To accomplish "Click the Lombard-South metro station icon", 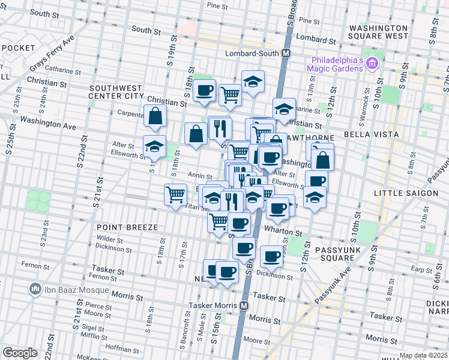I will pos(286,53).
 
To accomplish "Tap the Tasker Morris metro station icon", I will pos(244,305).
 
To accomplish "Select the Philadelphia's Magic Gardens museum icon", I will pos(372,63).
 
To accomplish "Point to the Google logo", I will pos(20,352).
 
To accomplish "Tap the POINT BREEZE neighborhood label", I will pos(126,227).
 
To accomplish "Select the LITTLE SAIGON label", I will pos(402,193).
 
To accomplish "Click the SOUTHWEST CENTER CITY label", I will pos(116,92).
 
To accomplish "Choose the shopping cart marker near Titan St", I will pos(175,194).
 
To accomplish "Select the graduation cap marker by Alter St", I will pos(154,146).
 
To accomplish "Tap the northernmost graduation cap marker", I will pos(253,81).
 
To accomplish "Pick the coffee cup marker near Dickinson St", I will pos(271,256).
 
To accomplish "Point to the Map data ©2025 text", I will pos(424,356).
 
